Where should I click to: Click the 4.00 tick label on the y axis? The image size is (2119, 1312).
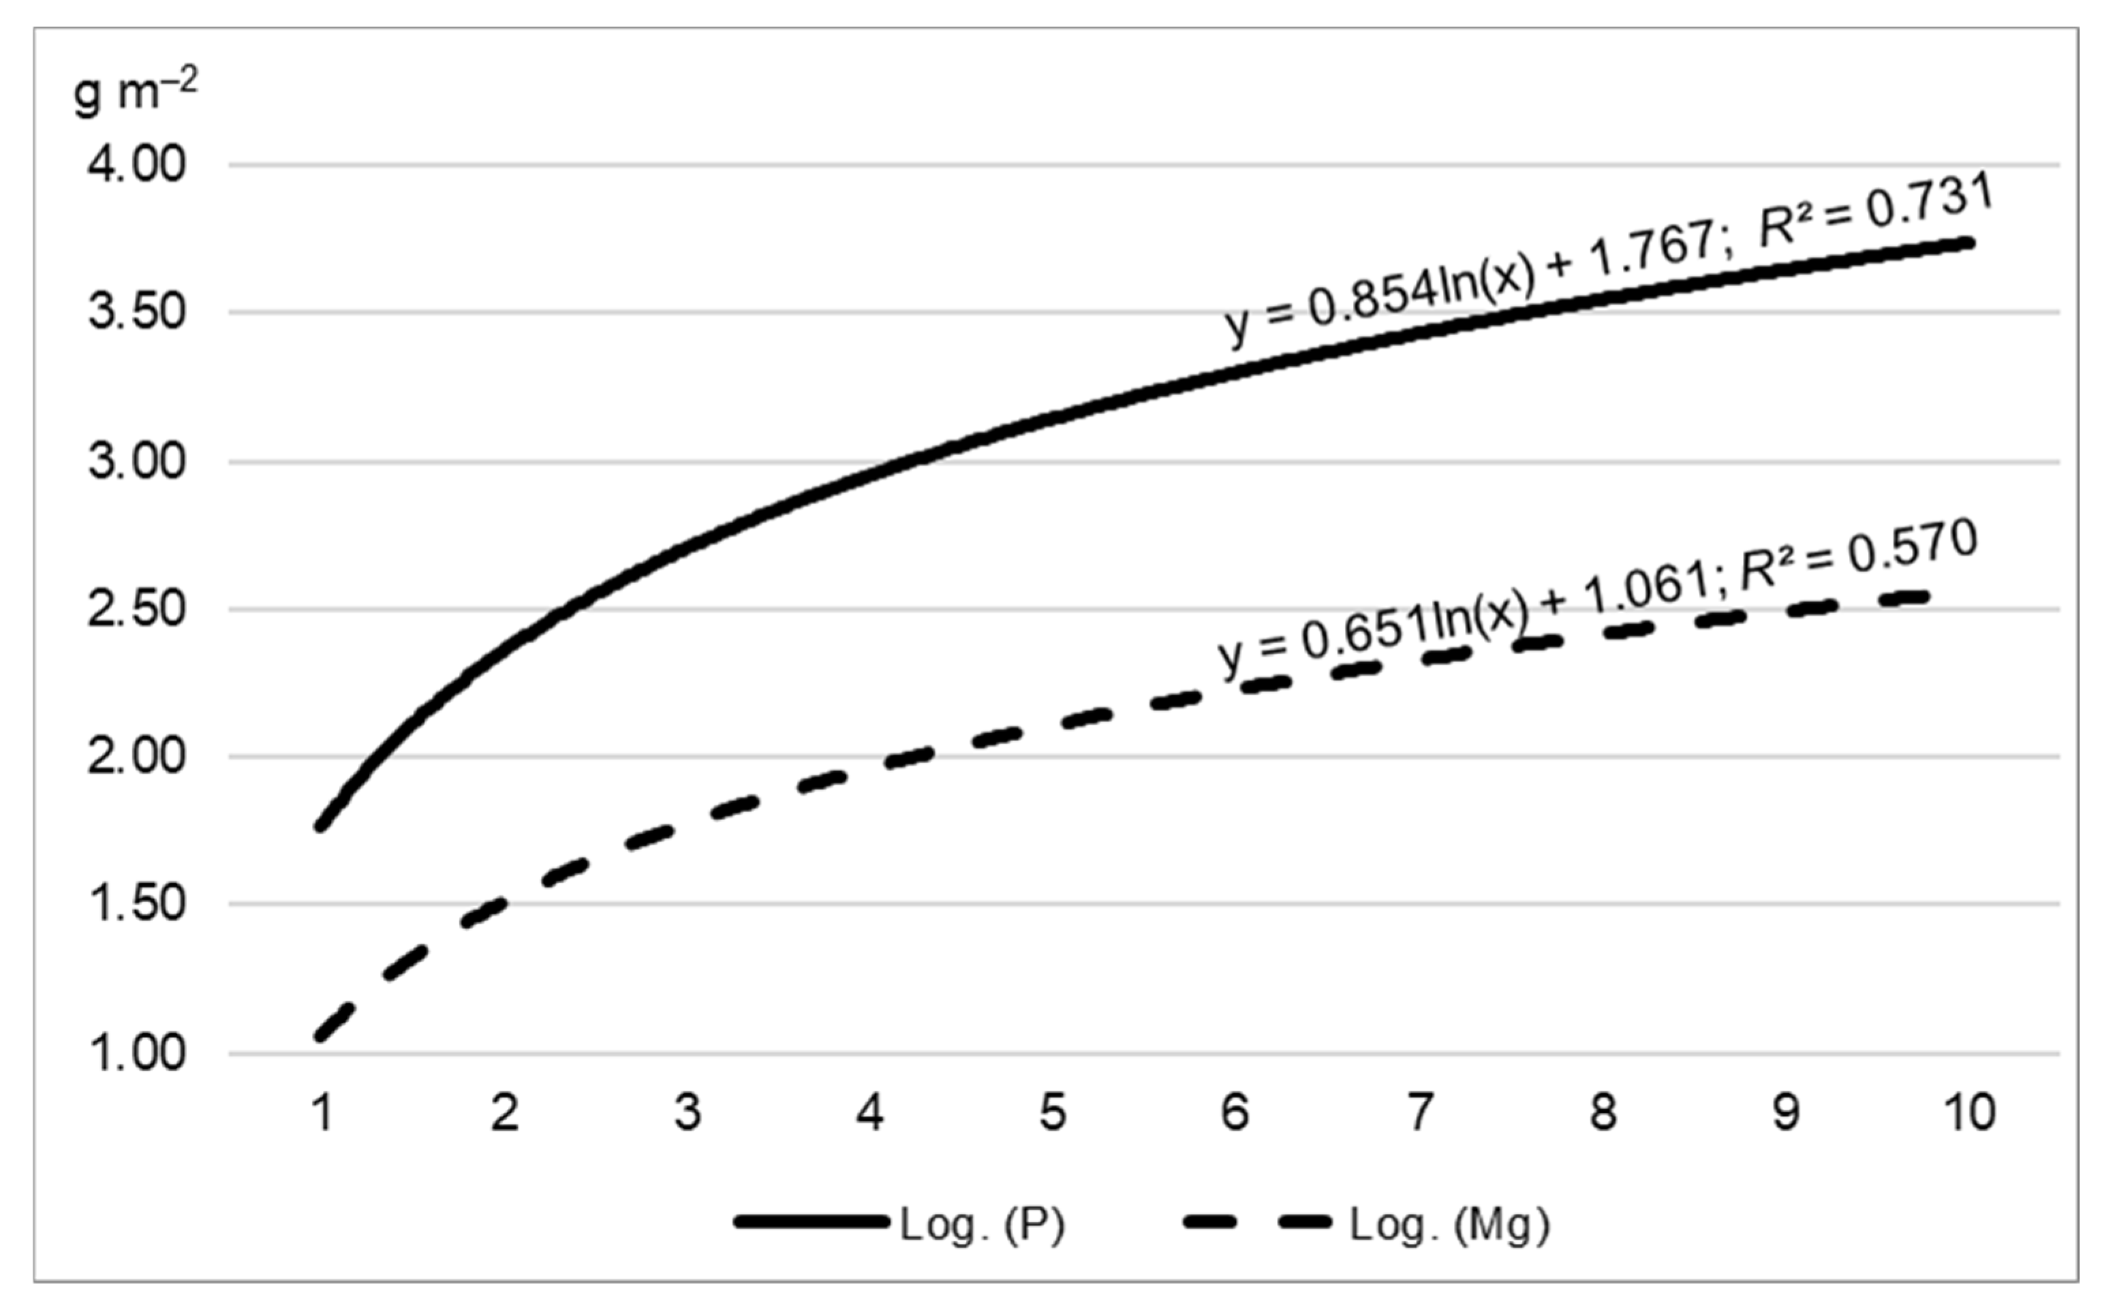point(136,164)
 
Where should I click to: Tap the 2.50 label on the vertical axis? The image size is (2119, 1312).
point(136,609)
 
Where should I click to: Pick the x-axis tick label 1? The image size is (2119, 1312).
point(323,1112)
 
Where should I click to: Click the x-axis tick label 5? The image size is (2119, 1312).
point(1053,1112)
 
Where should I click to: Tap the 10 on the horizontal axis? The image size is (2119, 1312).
point(1969,1112)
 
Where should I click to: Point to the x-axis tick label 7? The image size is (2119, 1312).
point(1419,1112)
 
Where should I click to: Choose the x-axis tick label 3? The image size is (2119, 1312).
point(687,1112)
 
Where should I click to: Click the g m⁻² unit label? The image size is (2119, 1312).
point(134,92)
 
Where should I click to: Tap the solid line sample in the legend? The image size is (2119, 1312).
point(811,1223)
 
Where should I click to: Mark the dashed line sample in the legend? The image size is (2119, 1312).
point(1256,1223)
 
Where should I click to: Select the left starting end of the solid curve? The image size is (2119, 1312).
point(321,826)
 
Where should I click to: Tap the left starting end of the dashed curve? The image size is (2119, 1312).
point(321,1035)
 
